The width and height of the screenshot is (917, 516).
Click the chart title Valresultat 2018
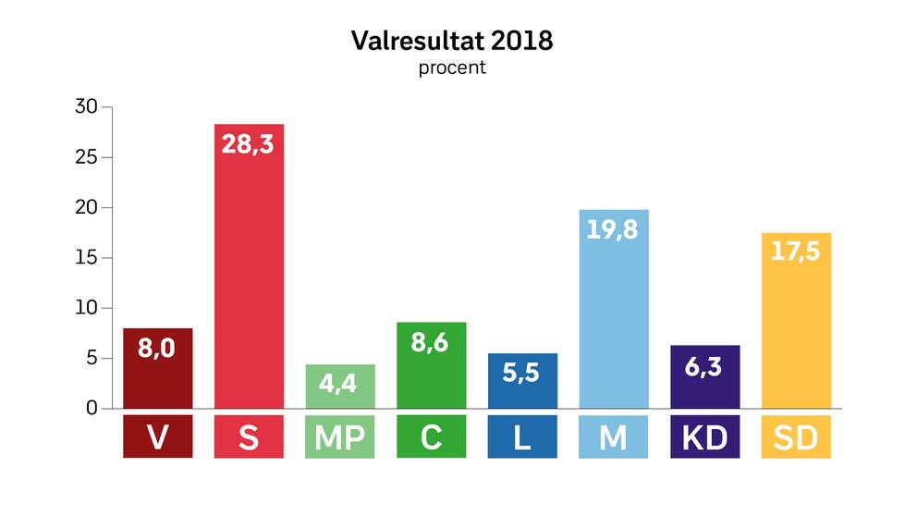452,42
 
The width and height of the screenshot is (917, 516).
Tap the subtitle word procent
452,68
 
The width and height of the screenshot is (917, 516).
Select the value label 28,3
249,144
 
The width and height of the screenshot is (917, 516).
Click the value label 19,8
613,229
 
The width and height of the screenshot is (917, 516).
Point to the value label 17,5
795,252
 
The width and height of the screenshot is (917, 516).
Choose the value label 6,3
704,366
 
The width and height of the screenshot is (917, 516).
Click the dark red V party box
158,437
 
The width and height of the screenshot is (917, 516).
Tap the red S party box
249,437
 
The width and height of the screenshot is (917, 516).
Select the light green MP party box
340,437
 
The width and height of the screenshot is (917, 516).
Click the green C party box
431,437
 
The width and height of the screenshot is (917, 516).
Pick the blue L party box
522,437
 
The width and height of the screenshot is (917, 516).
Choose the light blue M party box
613,437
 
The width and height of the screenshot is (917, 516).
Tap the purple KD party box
704,437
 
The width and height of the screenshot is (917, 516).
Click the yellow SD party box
795,437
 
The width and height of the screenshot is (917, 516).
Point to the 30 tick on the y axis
86,107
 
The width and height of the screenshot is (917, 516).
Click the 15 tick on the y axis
86,258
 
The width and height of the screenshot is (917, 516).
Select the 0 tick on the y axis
92,408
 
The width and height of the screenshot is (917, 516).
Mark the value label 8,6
431,343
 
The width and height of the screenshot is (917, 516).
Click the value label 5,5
522,374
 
